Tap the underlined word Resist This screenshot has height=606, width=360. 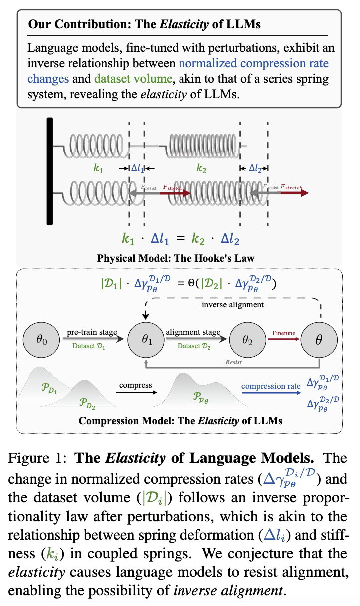[x=233, y=362]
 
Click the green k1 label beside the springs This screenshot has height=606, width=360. [x=99, y=169]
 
